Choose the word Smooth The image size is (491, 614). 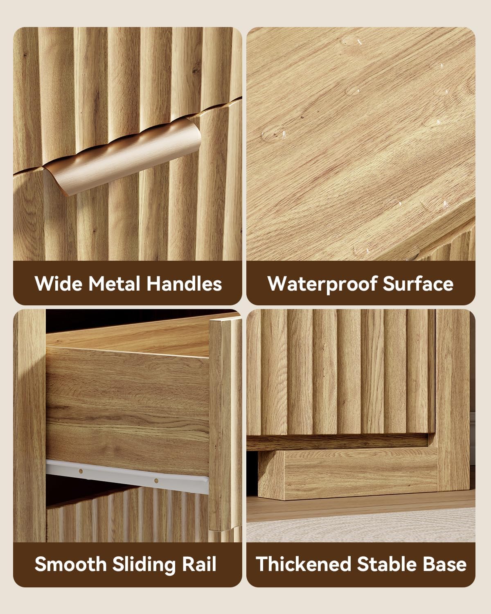pos(70,564)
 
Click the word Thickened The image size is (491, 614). pos(303,564)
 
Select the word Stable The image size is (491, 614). pos(387,564)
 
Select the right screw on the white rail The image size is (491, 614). pos(156,481)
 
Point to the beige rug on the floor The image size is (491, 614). pos(361,525)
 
